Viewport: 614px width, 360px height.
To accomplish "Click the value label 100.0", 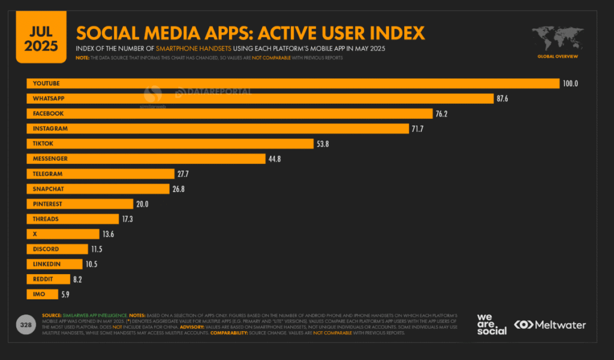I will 570,83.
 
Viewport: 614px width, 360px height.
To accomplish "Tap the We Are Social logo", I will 492,323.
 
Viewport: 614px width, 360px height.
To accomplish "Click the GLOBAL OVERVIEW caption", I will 558,56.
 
